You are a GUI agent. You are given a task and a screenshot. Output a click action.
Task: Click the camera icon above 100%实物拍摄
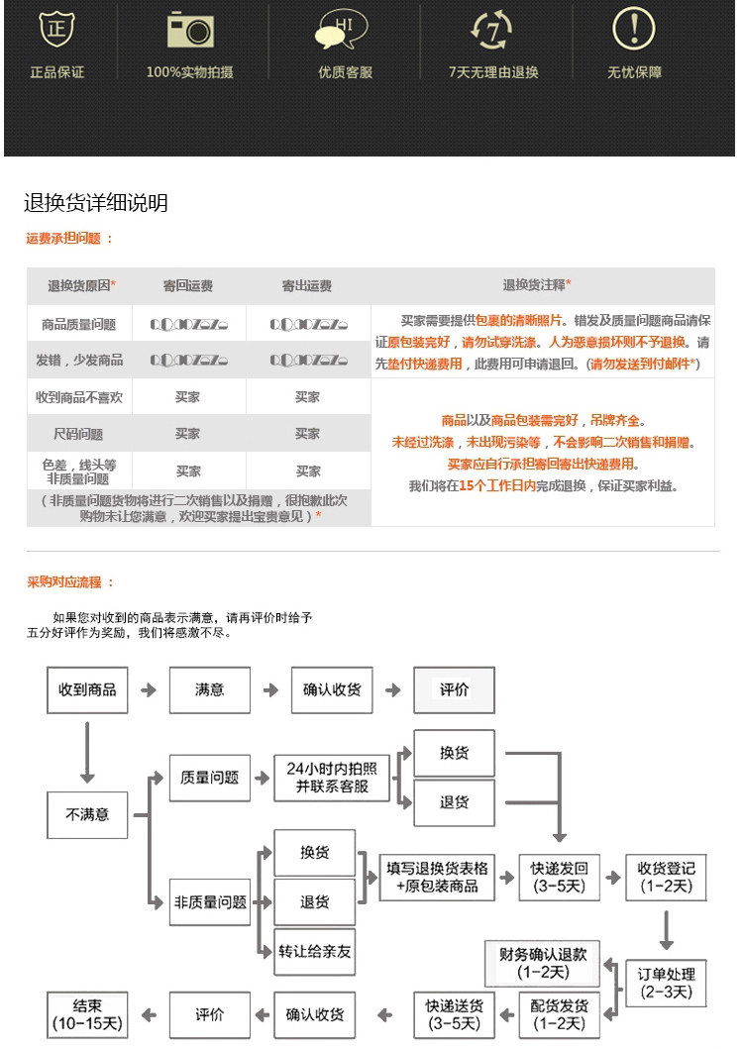point(190,31)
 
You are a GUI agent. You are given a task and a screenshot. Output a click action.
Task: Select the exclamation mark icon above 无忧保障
point(634,30)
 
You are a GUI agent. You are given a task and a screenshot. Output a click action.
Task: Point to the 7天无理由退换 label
point(492,72)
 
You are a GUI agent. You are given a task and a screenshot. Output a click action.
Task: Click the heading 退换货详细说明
point(96,203)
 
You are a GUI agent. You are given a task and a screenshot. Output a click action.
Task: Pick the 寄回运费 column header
point(188,286)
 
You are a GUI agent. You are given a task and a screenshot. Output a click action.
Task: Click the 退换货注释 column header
point(537,285)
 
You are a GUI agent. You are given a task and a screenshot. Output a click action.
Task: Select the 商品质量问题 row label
point(79,324)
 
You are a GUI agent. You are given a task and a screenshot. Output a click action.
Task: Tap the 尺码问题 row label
point(79,434)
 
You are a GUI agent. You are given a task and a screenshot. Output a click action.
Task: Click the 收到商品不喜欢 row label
point(79,397)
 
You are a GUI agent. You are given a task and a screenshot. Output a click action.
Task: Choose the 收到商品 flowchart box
point(87,689)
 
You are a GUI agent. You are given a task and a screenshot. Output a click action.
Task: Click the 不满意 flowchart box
point(87,815)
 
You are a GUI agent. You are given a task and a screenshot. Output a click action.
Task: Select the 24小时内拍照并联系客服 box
point(332,778)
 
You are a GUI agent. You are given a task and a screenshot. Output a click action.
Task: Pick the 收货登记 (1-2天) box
point(666,877)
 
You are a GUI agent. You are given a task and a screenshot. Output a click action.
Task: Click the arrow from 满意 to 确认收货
point(269,689)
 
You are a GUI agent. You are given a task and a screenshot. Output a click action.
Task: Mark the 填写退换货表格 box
point(436,877)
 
